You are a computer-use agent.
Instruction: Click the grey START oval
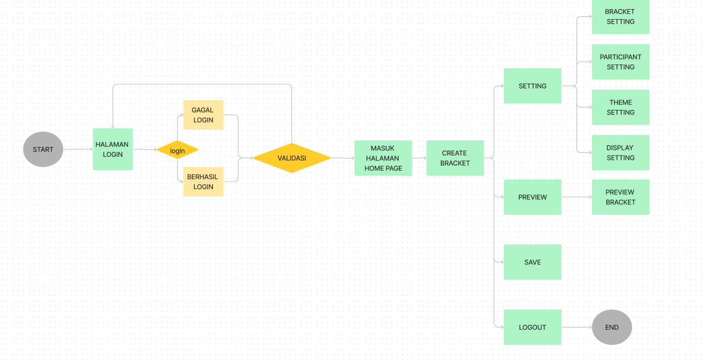pos(43,149)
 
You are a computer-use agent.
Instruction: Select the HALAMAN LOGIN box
pos(112,149)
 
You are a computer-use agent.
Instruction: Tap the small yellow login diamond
pos(177,150)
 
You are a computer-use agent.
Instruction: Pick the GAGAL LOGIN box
pos(203,115)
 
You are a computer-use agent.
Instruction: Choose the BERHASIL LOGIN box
pos(203,181)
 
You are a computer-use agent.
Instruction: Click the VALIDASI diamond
pos(292,158)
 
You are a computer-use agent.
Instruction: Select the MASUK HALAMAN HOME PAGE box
pos(383,158)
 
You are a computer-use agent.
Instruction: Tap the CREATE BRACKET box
pos(455,158)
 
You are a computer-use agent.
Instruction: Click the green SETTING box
pos(532,86)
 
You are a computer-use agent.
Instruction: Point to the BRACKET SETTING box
pos(620,17)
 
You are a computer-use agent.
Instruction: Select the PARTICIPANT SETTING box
pos(620,62)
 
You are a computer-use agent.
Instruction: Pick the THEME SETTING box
pos(620,107)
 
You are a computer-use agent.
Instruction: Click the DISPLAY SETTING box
pos(620,152)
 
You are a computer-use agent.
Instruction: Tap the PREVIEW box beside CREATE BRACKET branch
pos(532,197)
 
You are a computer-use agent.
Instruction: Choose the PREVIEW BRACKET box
pos(620,197)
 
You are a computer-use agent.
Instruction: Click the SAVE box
pos(532,262)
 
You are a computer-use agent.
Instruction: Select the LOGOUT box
pos(532,327)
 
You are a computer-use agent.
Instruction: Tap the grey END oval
pos(612,327)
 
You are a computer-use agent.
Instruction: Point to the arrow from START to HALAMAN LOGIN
pos(78,149)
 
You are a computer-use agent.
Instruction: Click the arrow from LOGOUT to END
pos(576,327)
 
